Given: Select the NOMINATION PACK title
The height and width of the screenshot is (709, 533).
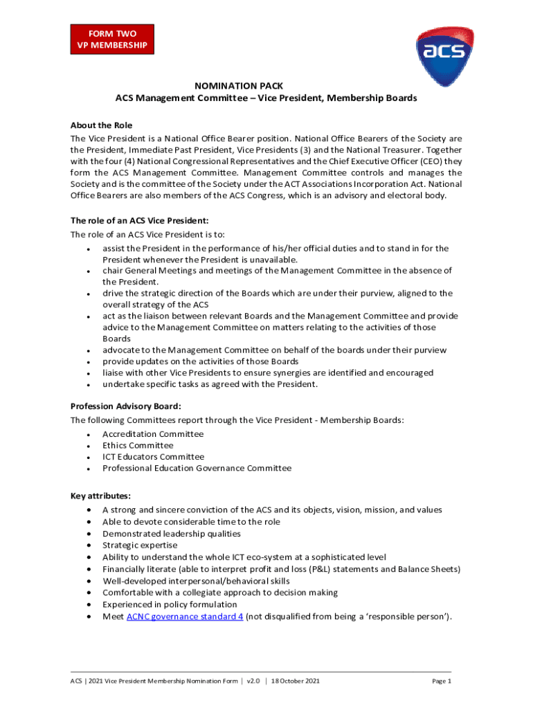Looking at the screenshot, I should pyautogui.click(x=266, y=85).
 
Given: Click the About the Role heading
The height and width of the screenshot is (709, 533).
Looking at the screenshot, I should pyautogui.click(x=101, y=125).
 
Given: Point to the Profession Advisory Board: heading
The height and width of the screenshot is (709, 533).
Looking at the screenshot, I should pyautogui.click(x=126, y=406).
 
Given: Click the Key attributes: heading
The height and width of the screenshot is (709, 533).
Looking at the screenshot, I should pyautogui.click(x=101, y=496).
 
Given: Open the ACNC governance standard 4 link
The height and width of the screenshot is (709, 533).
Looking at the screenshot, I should pyautogui.click(x=184, y=616).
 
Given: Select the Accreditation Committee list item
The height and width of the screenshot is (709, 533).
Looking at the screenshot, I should pyautogui.click(x=153, y=434).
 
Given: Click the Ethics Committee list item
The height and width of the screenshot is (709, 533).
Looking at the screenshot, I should pyautogui.click(x=138, y=445).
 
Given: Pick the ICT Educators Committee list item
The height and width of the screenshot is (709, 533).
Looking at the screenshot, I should pyautogui.click(x=153, y=457).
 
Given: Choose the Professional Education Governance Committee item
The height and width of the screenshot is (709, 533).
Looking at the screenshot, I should pyautogui.click(x=197, y=468).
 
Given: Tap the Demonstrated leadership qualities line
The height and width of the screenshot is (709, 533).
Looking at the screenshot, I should pyautogui.click(x=172, y=534).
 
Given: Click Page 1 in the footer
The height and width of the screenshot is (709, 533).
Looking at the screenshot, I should pyautogui.click(x=441, y=681).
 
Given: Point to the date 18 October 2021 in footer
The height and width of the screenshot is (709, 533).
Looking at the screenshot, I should pyautogui.click(x=296, y=681).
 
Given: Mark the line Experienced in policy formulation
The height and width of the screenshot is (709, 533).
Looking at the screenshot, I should pyautogui.click(x=170, y=604).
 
